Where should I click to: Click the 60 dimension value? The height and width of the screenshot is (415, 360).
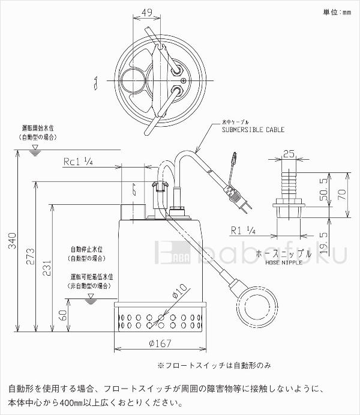click(62, 315)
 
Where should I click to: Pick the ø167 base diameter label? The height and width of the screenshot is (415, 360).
click(160, 344)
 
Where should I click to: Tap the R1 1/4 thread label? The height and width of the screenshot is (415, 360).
click(244, 230)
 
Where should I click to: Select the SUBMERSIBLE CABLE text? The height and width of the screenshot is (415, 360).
click(253, 130)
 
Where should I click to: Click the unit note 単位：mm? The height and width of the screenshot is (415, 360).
click(336, 11)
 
